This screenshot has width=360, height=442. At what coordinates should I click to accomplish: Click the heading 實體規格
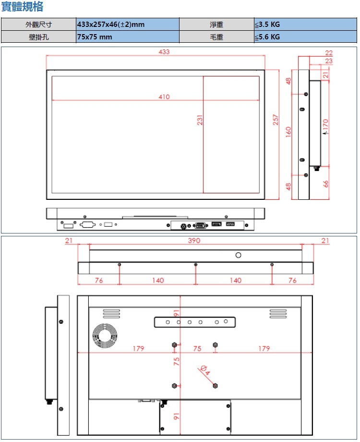tap(22, 6)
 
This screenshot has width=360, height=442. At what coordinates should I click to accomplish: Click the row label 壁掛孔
tap(38, 37)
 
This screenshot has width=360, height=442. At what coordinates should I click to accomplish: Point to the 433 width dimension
tap(164, 52)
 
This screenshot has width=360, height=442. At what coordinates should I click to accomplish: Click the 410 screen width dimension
tap(164, 97)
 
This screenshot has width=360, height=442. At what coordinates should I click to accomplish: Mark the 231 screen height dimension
tap(200, 120)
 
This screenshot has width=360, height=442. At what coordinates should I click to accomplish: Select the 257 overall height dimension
tap(276, 120)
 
